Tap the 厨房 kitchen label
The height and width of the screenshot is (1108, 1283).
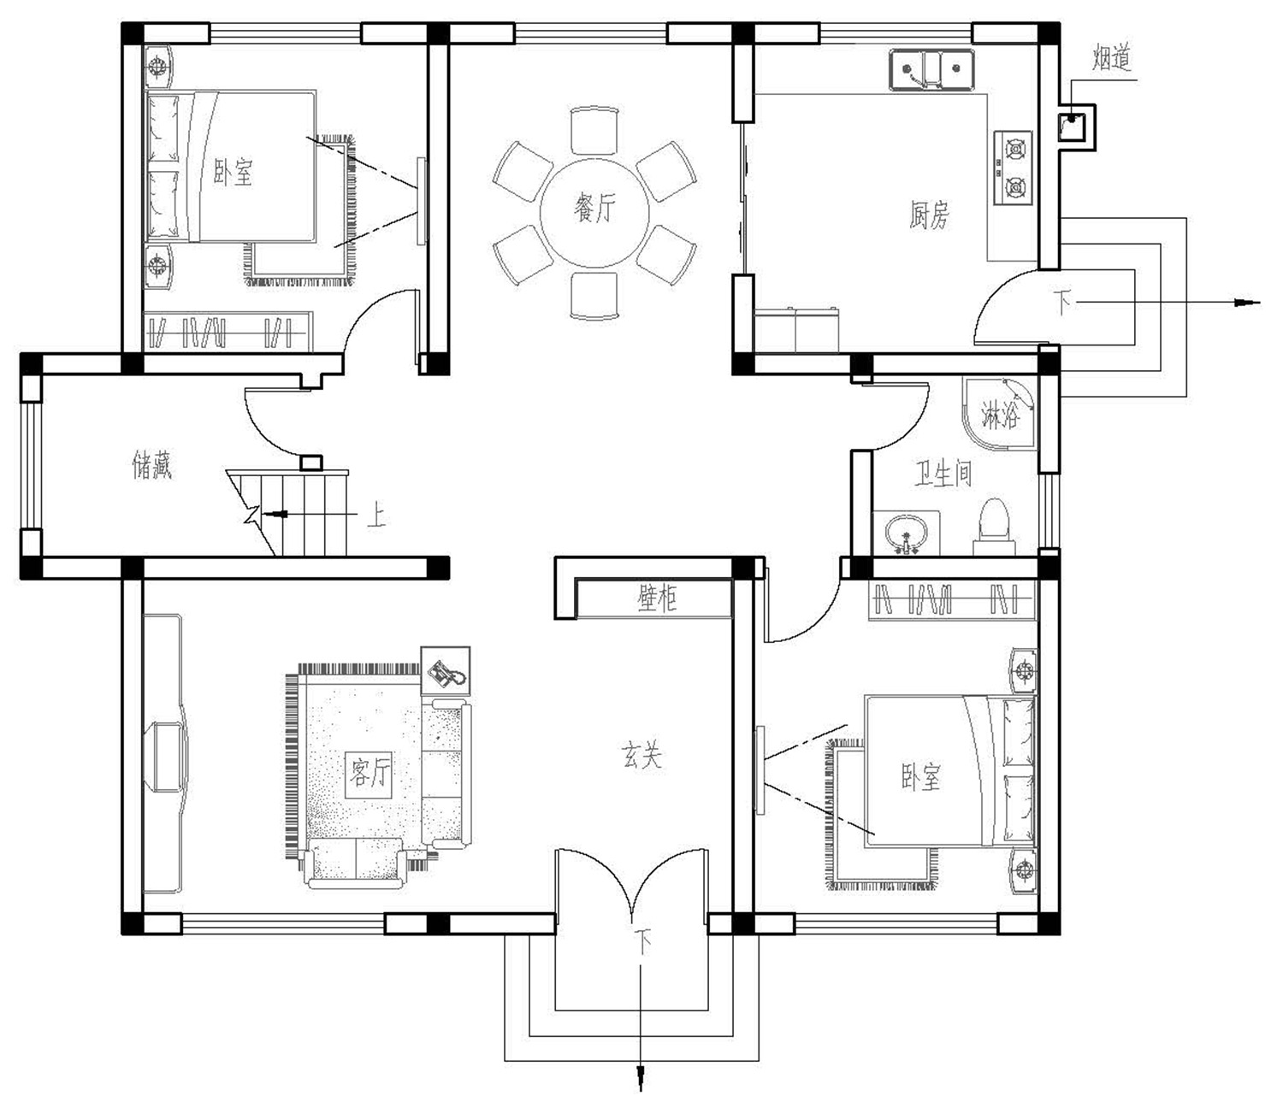click(929, 215)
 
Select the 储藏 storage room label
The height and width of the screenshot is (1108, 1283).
click(152, 465)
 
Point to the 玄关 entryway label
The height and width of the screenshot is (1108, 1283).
click(641, 756)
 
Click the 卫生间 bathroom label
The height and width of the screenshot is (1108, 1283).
click(943, 474)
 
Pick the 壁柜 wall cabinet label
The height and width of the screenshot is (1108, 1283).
click(657, 598)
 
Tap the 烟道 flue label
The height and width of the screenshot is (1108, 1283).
click(1111, 58)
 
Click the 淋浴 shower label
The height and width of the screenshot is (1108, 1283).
click(999, 415)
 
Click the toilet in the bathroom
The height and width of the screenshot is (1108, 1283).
click(994, 526)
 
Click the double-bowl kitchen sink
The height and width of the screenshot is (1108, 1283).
click(931, 70)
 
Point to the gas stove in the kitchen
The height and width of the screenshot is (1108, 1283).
click(1013, 168)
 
